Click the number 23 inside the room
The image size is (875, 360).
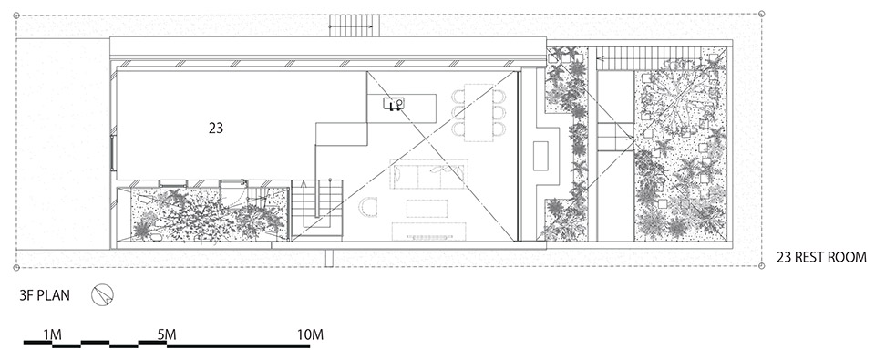(x=216, y=129)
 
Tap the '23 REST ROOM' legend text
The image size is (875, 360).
(x=821, y=257)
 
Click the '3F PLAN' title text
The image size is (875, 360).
(x=45, y=295)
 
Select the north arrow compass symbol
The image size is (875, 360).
(x=103, y=295)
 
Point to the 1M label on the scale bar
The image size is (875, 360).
(x=53, y=334)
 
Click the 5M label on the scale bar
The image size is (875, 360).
(x=166, y=334)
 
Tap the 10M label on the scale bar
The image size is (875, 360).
(x=310, y=334)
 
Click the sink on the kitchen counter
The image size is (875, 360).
(x=395, y=103)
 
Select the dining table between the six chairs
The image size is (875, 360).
(x=479, y=112)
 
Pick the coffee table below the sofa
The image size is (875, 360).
(x=427, y=208)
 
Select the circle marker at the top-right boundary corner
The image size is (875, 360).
(x=762, y=14)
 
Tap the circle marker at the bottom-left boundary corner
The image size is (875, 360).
(x=16, y=267)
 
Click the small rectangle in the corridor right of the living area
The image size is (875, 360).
(x=540, y=156)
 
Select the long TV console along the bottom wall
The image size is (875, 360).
(x=428, y=231)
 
